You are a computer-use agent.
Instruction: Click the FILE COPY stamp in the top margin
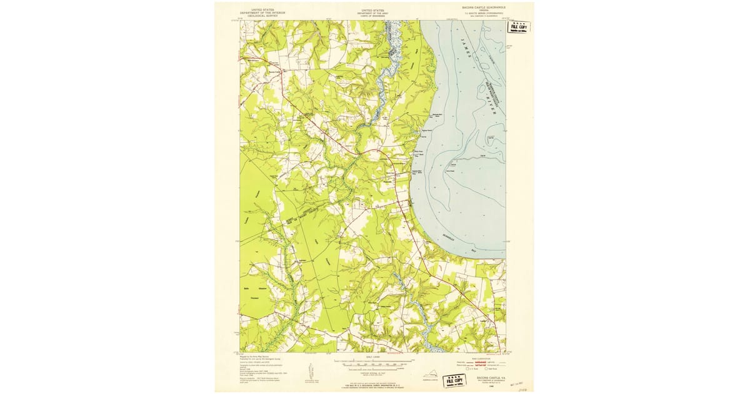pos(519,27)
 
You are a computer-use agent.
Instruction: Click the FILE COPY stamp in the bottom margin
pos(456,381)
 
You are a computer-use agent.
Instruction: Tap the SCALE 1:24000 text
pos(374,358)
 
